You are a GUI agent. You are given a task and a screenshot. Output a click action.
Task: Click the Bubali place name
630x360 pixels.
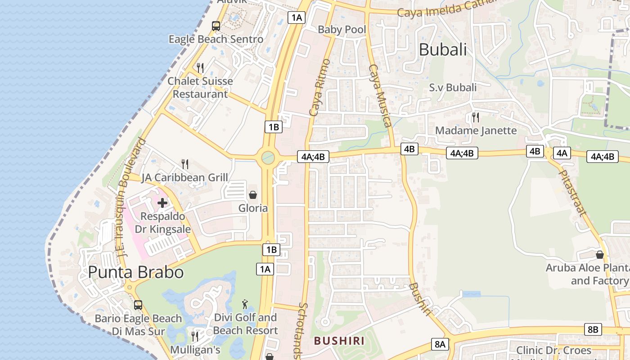(x=443, y=49)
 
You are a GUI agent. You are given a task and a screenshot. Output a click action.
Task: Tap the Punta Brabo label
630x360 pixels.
(x=135, y=272)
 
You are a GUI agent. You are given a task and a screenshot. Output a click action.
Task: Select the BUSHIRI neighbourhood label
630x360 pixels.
(x=339, y=341)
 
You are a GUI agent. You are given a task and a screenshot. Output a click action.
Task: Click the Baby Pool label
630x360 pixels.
(x=342, y=30)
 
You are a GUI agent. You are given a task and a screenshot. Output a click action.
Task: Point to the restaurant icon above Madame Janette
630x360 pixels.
(x=475, y=117)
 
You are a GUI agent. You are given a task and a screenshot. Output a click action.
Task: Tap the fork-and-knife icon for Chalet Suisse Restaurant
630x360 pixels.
(x=200, y=68)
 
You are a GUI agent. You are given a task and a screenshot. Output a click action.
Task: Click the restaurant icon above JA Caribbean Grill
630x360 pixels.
(x=184, y=164)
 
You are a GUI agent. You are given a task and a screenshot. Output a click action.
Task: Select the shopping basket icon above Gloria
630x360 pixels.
(x=253, y=195)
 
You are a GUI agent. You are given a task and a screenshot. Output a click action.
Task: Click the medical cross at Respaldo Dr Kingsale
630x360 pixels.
(x=162, y=203)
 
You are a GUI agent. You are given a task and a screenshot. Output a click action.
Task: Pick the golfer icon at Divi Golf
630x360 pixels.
(x=245, y=304)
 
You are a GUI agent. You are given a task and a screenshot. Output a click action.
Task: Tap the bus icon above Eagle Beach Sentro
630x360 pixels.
(x=216, y=26)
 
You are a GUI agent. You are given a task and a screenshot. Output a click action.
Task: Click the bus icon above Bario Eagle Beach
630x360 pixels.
(x=138, y=305)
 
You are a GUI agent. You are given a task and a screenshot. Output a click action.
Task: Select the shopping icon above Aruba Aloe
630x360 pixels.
(x=599, y=255)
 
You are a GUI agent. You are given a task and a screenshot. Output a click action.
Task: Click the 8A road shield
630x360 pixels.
(x=440, y=345)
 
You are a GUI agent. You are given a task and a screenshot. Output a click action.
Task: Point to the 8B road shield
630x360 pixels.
(x=593, y=329)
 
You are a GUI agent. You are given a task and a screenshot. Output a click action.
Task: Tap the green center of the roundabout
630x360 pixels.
(x=268, y=157)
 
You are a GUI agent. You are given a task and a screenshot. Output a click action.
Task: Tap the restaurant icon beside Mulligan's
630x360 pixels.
(x=194, y=336)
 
